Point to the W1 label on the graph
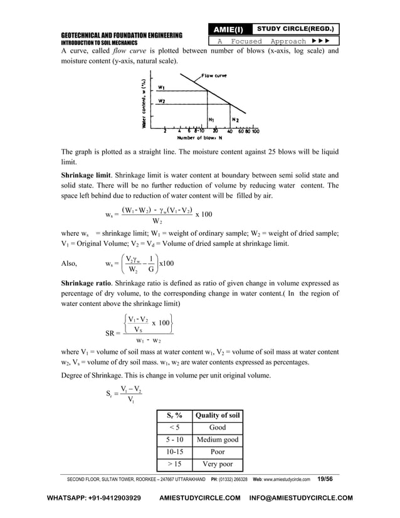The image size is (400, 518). coord(162,88)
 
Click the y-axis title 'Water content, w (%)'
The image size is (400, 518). coord(145,103)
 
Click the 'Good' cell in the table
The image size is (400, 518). coord(217,428)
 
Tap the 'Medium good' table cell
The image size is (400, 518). coord(217,440)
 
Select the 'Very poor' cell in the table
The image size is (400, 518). coord(217,465)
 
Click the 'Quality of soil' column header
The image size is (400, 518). coord(217,415)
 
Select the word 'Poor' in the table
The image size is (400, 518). coord(217,452)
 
